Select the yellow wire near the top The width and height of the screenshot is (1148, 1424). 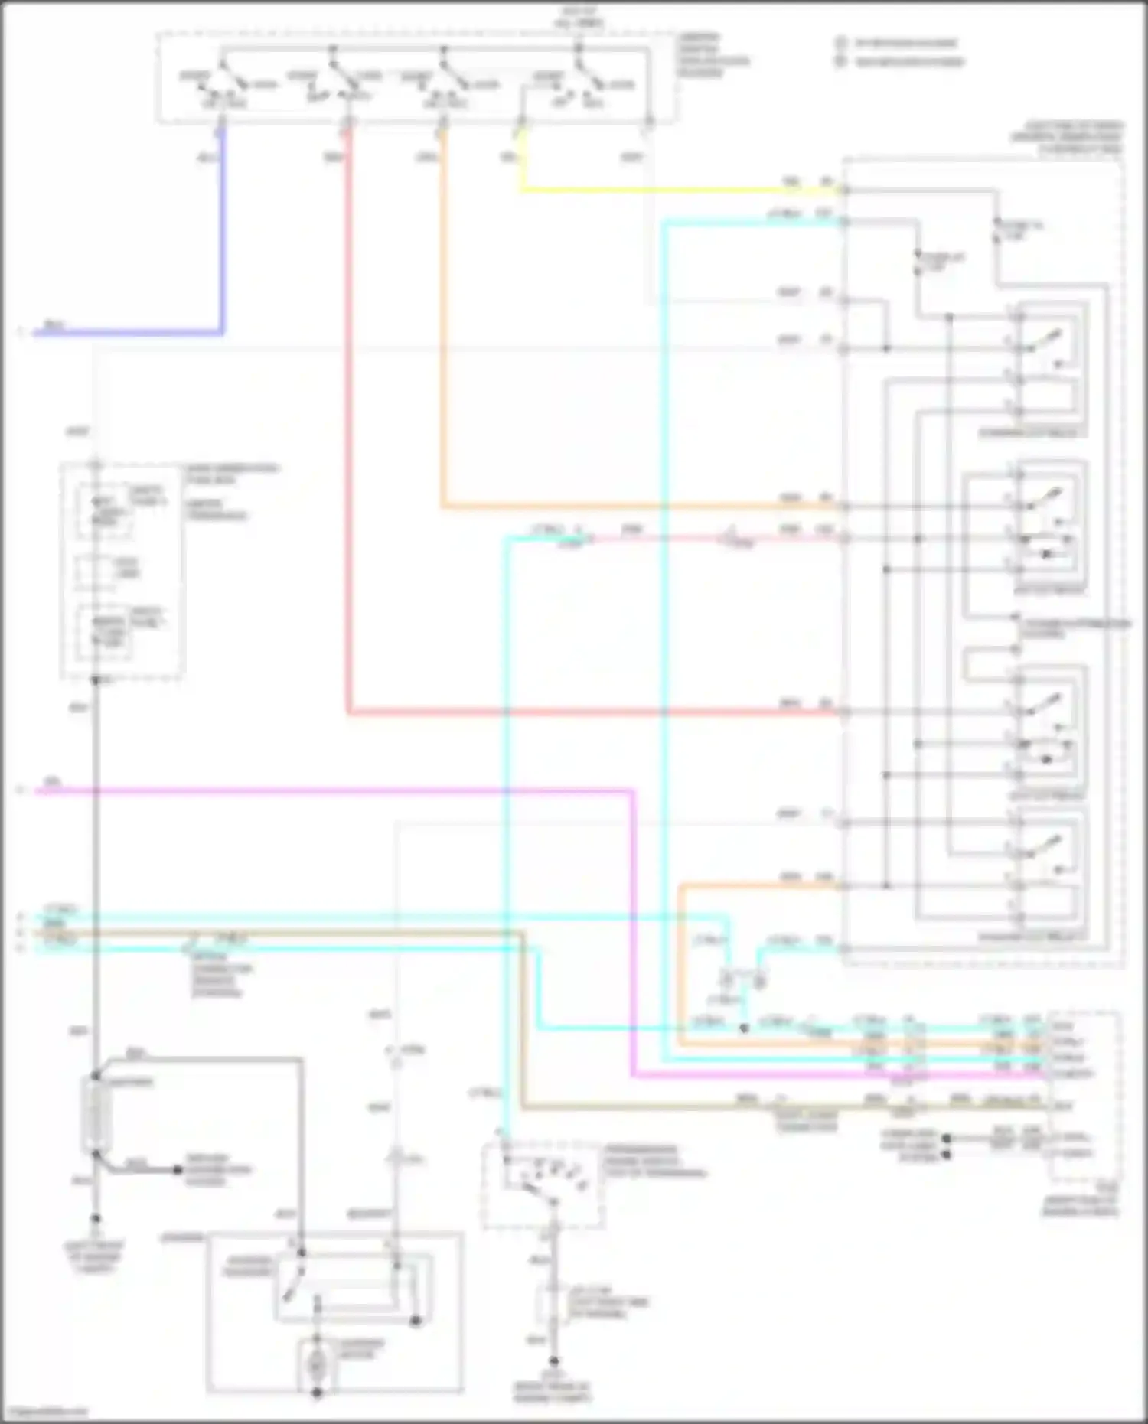click(x=673, y=189)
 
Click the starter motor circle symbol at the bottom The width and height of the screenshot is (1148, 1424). click(x=317, y=1363)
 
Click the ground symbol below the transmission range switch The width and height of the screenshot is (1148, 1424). click(x=553, y=1361)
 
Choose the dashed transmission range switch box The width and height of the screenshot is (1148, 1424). click(x=543, y=1185)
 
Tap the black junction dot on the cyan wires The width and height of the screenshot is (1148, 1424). click(x=744, y=1028)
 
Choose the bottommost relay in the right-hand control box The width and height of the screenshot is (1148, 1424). click(x=1047, y=865)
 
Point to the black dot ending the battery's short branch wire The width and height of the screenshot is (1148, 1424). click(x=177, y=1170)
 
